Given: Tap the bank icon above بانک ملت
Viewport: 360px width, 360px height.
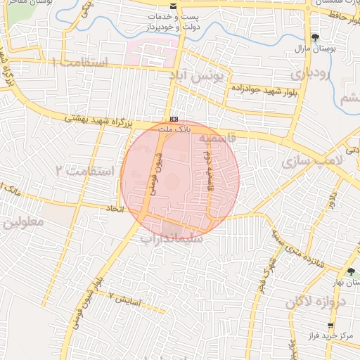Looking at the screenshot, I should click(174, 119).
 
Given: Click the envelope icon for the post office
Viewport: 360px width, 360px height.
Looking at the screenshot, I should click(174, 6).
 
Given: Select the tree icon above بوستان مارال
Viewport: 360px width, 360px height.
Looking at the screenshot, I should click(314, 37).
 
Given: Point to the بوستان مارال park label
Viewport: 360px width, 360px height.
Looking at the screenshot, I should click(315, 50).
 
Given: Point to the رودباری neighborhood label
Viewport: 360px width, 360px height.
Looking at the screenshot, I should click(309, 73).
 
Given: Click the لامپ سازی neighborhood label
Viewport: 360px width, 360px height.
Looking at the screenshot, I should click(310, 162).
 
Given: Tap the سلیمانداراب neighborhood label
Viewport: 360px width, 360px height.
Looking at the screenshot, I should click(172, 238).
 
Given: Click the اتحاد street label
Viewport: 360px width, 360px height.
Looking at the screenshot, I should click(115, 209).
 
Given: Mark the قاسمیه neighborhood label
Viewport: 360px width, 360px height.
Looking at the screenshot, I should click(214, 139).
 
